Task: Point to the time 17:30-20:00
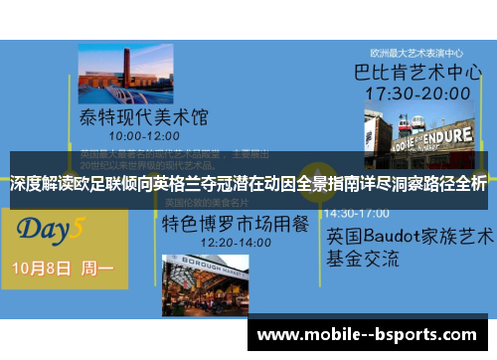[x=415, y=93]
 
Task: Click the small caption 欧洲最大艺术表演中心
[x=416, y=53]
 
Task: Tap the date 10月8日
[x=43, y=270]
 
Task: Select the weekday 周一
[x=96, y=270]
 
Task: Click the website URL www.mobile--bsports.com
[x=372, y=336]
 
